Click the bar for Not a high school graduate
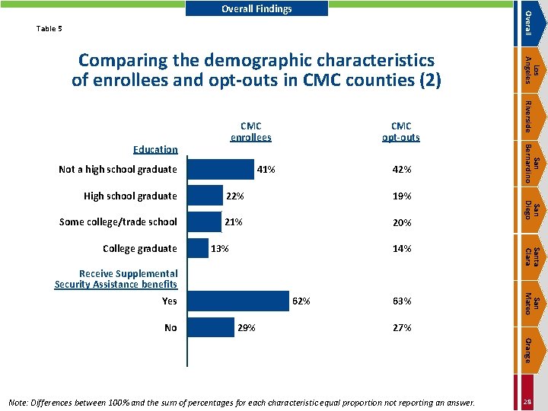coord(221,170)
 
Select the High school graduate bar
coord(205,196)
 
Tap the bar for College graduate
coord(198,248)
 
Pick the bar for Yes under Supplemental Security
coord(238,301)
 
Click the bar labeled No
coord(211,327)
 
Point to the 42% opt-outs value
coord(402,170)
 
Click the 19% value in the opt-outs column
coord(402,196)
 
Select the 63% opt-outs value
coord(402,301)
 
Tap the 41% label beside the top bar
coord(266,170)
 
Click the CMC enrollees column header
coord(251,132)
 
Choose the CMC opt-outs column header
coord(401,132)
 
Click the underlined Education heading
coord(155,150)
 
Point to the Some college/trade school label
coord(118,222)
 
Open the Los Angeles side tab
coord(531,70)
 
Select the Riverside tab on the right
coord(531,116)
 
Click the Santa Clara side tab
coord(531,257)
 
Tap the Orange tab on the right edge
coord(531,350)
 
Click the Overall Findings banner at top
coord(256,8)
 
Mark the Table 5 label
coord(49,29)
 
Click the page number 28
coord(527,402)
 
